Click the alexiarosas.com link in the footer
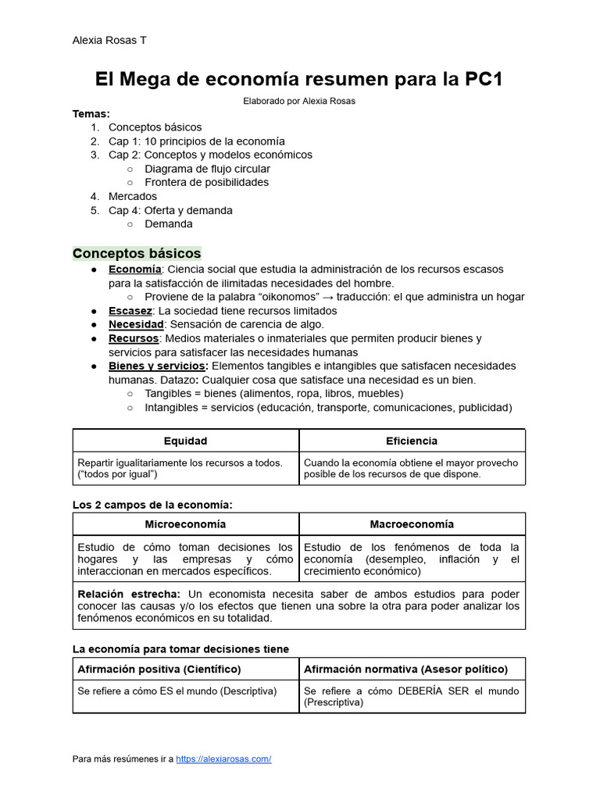(x=223, y=759)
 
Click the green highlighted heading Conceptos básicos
(x=137, y=254)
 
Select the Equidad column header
(x=185, y=441)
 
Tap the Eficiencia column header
(x=412, y=441)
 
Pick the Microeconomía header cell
(x=185, y=524)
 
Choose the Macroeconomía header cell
(x=412, y=524)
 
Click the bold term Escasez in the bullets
(x=130, y=310)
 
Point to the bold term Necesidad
(x=136, y=324)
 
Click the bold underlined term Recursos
(x=134, y=338)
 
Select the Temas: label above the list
(x=91, y=113)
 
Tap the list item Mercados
(x=133, y=196)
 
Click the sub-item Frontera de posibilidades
(x=206, y=182)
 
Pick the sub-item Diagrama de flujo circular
(x=207, y=169)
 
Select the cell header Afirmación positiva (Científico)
(x=159, y=670)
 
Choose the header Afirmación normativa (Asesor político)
(x=405, y=670)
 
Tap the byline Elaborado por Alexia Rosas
(x=300, y=101)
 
